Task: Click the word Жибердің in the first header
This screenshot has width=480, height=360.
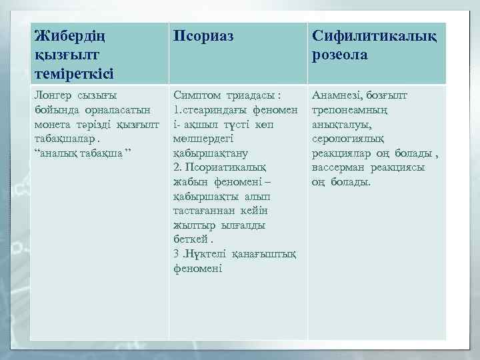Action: [67, 35]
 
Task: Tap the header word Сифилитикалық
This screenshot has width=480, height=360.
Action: [374, 35]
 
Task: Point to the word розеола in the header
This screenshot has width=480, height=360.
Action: [340, 55]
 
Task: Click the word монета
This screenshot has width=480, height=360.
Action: [53, 125]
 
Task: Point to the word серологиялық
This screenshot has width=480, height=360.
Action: [346, 139]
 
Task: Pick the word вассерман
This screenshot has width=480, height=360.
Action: [340, 168]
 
